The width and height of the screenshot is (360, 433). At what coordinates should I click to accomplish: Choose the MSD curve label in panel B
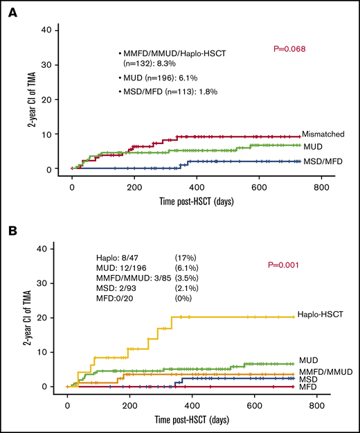(x=308, y=379)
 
